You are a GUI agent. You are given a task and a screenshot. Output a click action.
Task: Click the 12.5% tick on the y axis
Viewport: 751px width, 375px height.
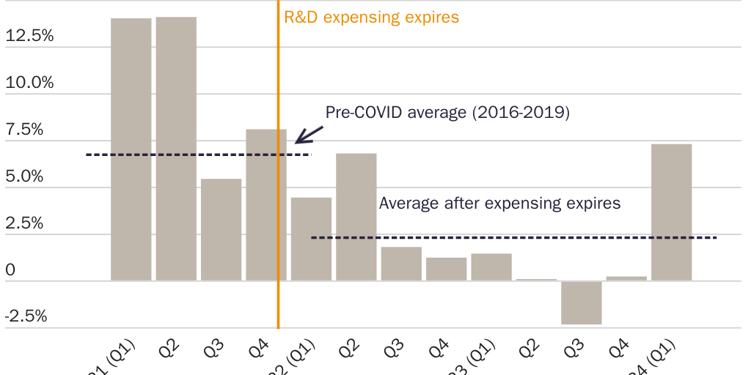[x=29, y=36]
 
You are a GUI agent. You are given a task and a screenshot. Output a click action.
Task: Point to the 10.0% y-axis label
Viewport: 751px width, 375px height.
[x=29, y=83]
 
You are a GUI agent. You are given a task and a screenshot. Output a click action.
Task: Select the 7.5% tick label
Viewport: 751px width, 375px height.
[x=24, y=130]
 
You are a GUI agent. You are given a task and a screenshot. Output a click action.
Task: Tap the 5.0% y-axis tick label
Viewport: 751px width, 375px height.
[x=24, y=177]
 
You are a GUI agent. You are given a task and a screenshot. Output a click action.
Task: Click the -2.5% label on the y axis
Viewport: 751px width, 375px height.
[x=26, y=316]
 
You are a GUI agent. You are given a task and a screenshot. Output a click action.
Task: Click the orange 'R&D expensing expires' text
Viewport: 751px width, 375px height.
[x=371, y=17]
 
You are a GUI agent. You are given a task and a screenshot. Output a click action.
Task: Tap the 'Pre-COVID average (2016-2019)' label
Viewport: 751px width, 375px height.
[x=447, y=113]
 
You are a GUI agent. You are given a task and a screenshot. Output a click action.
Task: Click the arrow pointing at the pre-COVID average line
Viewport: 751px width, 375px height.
[x=308, y=134]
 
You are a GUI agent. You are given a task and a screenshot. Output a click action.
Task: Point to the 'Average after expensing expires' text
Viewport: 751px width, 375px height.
[x=499, y=203]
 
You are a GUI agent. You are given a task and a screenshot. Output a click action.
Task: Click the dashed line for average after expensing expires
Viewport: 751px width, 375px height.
[x=513, y=237]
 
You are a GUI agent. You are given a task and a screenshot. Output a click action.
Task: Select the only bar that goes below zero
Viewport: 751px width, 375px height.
[x=582, y=302]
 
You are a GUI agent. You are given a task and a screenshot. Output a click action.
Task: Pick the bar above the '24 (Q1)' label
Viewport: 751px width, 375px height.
[x=671, y=212]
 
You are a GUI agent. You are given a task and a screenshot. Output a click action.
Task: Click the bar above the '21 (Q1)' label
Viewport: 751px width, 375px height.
[x=131, y=149]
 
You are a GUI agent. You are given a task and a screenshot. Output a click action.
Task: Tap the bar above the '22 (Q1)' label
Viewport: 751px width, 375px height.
[x=311, y=240]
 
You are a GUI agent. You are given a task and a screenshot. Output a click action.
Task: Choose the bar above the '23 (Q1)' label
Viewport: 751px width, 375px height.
[x=491, y=267]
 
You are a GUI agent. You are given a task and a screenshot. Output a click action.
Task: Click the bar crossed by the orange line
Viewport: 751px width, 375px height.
[x=265, y=205]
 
